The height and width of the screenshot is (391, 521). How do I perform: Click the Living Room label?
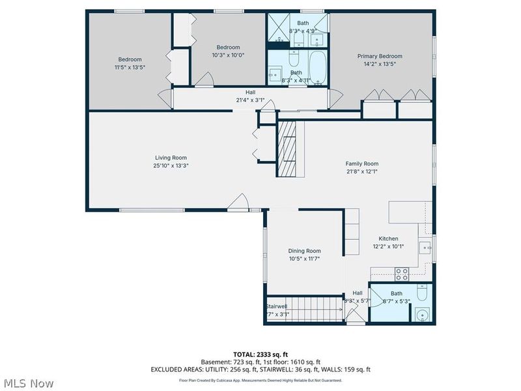click(x=171, y=158)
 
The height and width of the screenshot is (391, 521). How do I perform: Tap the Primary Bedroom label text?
click(x=380, y=56)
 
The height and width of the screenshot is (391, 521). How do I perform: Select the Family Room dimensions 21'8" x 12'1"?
click(x=361, y=171)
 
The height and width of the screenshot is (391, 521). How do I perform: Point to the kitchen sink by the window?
click(x=425, y=247)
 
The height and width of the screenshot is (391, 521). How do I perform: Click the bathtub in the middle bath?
click(x=317, y=70)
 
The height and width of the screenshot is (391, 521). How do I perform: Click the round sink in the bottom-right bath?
click(x=422, y=315)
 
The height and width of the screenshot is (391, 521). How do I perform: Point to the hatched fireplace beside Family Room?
click(x=287, y=150)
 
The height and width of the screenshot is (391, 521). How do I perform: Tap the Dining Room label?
click(x=304, y=251)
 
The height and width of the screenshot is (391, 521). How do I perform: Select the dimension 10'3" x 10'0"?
click(x=228, y=55)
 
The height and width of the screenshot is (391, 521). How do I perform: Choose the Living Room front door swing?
click(x=242, y=203)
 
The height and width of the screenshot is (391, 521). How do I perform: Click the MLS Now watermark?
click(x=30, y=383)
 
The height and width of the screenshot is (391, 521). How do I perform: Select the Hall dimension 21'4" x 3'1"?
click(x=250, y=100)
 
